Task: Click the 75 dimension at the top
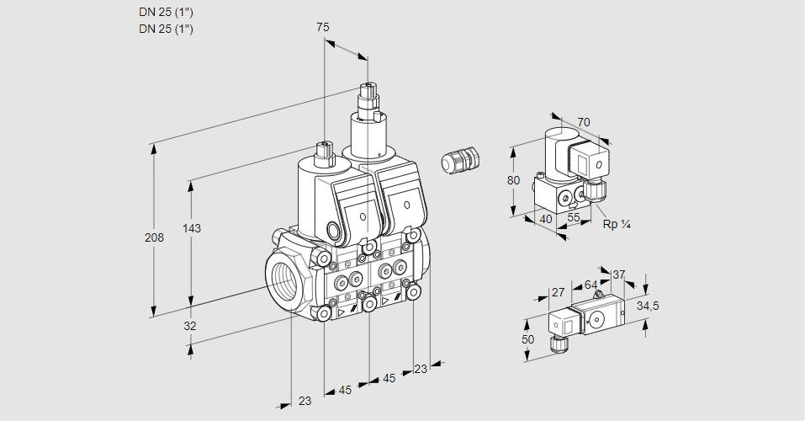tap(322, 27)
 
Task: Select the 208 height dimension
tap(154, 238)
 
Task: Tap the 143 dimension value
tap(193, 229)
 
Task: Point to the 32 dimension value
tap(189, 326)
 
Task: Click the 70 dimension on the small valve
tap(584, 123)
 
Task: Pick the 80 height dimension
tap(514, 180)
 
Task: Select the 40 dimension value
tap(545, 219)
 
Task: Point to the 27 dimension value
tap(558, 293)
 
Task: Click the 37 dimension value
tap(619, 274)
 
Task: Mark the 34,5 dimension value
tap(648, 306)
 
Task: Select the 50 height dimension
tap(527, 339)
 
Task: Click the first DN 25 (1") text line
tap(167, 13)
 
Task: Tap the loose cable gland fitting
tap(461, 159)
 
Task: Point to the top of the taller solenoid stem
tap(368, 85)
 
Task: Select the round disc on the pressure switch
tap(598, 318)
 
